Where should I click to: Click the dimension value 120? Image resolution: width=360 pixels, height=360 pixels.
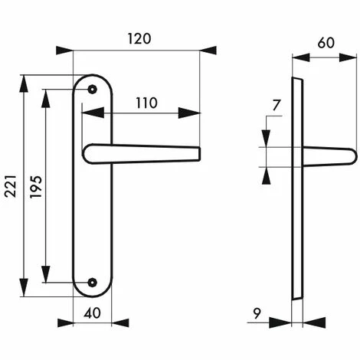138,38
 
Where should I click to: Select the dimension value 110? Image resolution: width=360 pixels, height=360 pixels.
146,102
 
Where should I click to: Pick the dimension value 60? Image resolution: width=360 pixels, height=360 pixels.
326,44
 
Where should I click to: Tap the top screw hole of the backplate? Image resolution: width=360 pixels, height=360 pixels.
93,90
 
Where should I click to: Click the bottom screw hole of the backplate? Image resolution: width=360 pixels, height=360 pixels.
93,283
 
